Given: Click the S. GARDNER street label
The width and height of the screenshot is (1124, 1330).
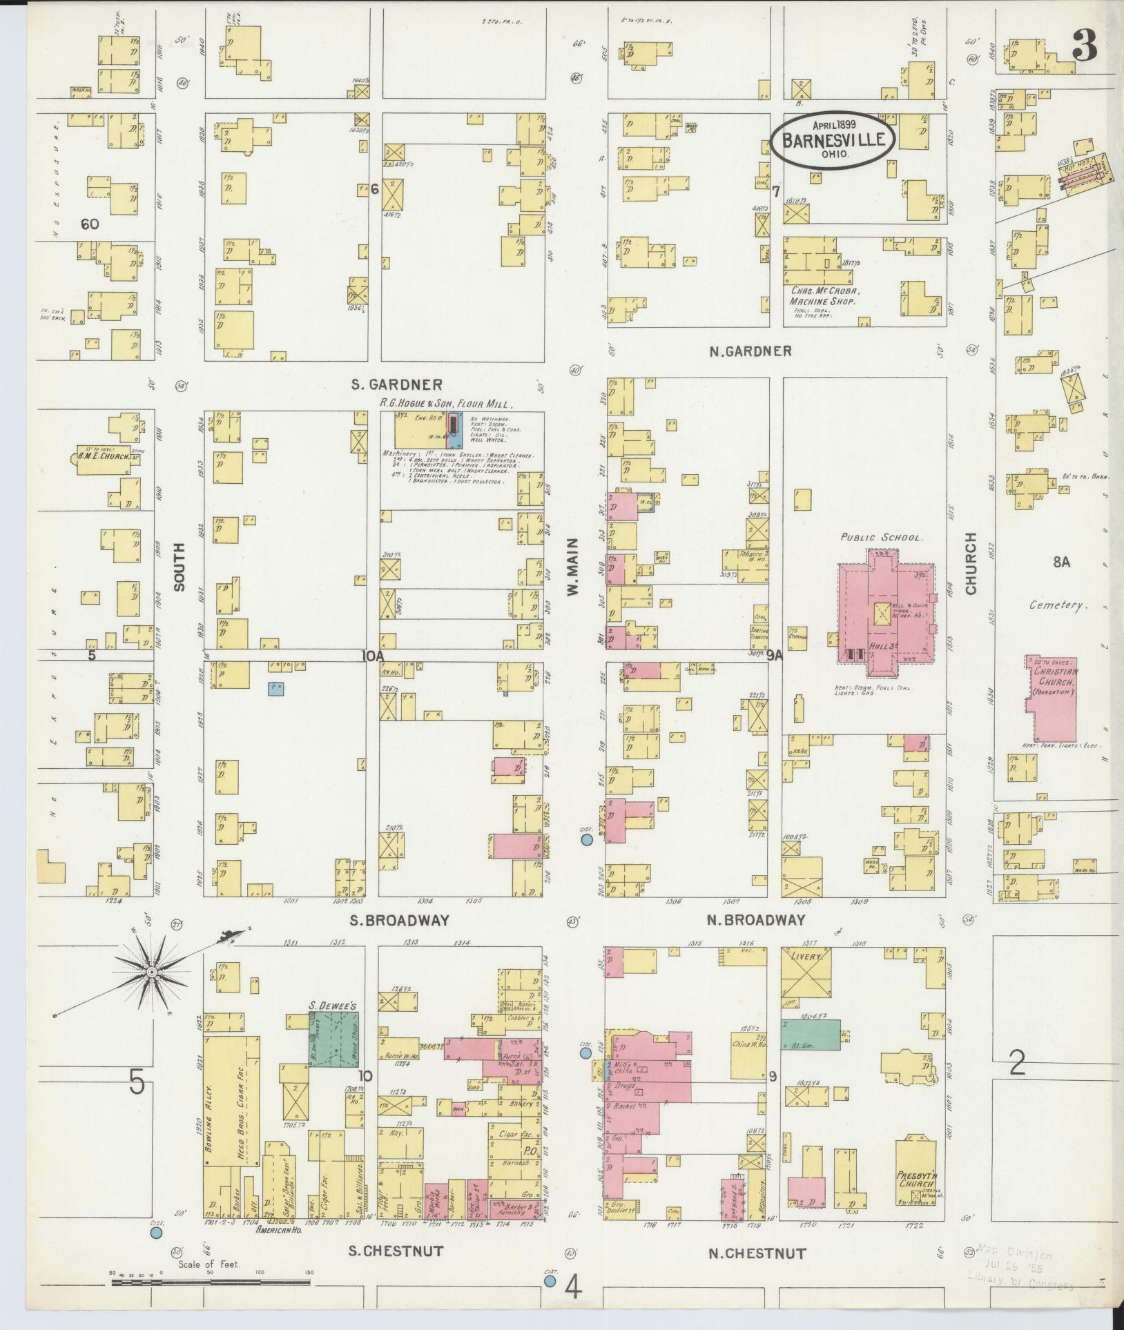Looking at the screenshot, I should (396, 384).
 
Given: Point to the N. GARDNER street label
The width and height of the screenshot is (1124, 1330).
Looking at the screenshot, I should (750, 351).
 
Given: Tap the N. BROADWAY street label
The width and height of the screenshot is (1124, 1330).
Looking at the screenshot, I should (757, 920).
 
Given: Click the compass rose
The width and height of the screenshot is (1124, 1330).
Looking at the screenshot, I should (151, 972).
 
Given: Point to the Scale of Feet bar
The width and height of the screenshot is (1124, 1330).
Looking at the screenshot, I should (211, 1284).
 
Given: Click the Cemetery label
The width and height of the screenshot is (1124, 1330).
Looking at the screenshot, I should (1054, 605).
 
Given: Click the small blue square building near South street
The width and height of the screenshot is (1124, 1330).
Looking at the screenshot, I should (276, 688).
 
